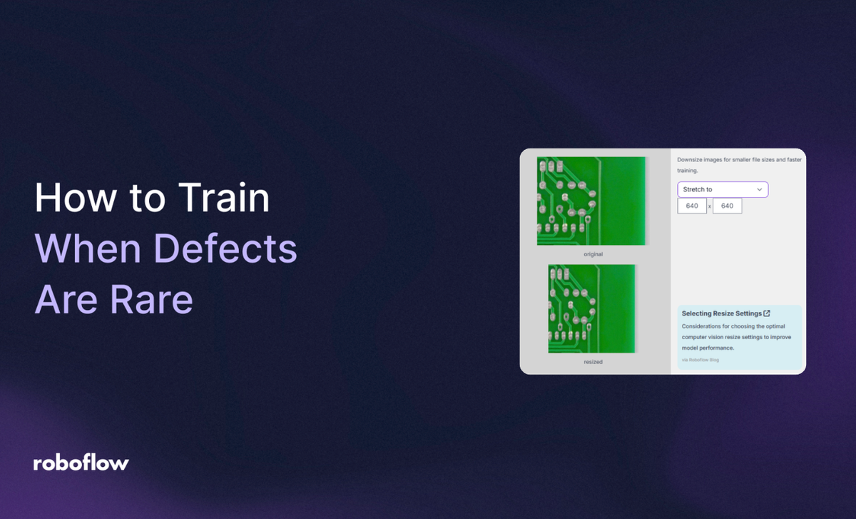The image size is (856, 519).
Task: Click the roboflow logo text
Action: click(x=81, y=463)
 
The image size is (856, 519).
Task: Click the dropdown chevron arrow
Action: click(x=759, y=189)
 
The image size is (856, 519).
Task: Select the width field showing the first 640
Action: click(x=692, y=206)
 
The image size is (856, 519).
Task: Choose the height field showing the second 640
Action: click(x=727, y=206)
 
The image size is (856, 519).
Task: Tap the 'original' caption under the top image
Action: click(x=593, y=254)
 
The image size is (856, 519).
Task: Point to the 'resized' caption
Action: click(x=593, y=362)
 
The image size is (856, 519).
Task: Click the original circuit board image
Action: click(x=591, y=201)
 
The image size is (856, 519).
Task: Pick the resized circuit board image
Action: click(x=591, y=308)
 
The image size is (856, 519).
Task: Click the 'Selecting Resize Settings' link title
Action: click(x=721, y=313)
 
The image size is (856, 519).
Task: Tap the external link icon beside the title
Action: click(x=767, y=313)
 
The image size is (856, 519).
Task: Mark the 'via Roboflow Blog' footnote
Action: click(x=700, y=360)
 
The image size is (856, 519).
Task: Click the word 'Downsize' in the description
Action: click(x=692, y=160)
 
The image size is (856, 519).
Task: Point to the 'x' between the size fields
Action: click(x=710, y=207)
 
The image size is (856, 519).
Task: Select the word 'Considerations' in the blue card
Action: click(x=703, y=326)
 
